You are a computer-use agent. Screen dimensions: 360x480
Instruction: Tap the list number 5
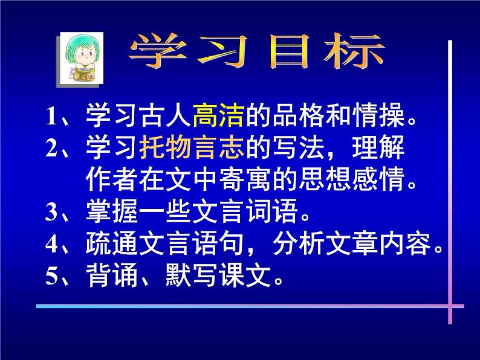coord(51,277)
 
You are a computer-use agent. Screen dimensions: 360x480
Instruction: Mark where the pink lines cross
coord(450,306)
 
